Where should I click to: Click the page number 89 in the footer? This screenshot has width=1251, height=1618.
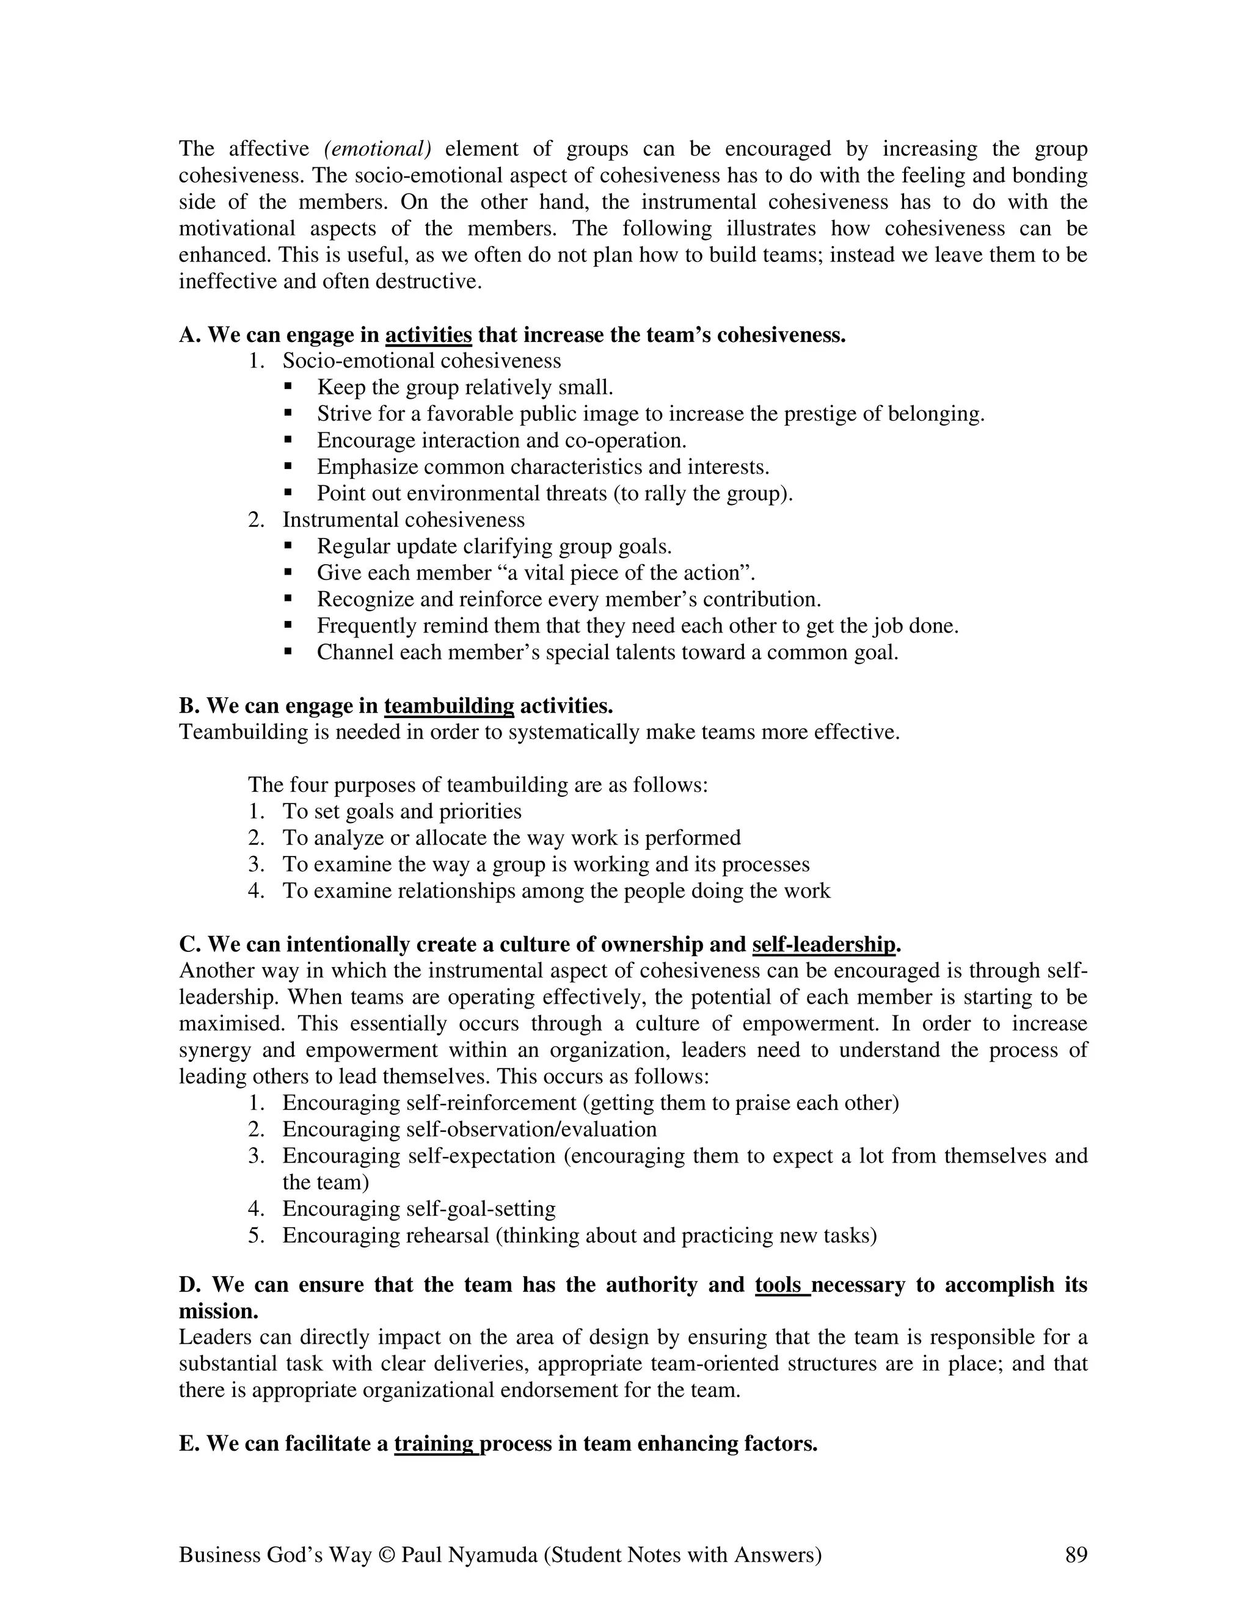(x=1075, y=1555)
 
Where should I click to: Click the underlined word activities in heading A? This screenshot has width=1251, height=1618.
(x=428, y=336)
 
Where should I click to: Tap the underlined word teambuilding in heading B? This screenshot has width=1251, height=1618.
(x=449, y=706)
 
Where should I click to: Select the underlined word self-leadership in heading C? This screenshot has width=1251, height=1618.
(x=823, y=945)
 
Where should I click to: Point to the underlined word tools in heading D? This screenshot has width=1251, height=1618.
(x=781, y=1284)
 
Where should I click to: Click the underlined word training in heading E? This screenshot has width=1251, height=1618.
(x=435, y=1443)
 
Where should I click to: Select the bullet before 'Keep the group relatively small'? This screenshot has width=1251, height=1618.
(x=288, y=386)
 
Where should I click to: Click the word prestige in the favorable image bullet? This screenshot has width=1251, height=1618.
(x=820, y=413)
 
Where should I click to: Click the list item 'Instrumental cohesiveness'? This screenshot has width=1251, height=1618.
(x=403, y=520)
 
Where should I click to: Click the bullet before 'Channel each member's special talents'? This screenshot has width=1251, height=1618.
(x=288, y=651)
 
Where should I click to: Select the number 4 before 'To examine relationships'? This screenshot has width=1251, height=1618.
(x=256, y=890)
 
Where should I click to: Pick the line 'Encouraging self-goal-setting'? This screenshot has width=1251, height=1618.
(x=418, y=1209)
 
